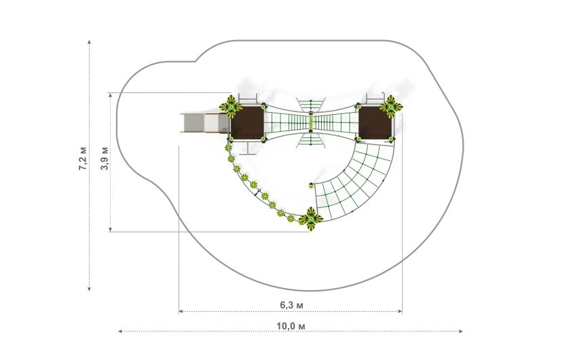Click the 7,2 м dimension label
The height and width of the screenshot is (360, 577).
(x=83, y=158)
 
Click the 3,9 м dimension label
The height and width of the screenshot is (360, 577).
(x=105, y=158)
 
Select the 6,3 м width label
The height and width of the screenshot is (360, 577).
(x=292, y=305)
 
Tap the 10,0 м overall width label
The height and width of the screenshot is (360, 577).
(x=291, y=326)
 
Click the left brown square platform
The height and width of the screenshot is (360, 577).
(x=247, y=123)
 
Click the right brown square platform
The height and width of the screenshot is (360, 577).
(x=375, y=123)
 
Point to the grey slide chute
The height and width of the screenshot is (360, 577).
(x=204, y=122)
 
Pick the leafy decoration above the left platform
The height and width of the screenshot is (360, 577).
(x=231, y=107)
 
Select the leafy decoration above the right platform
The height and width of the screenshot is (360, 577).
(x=391, y=107)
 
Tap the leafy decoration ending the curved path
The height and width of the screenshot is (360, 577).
(x=311, y=219)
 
